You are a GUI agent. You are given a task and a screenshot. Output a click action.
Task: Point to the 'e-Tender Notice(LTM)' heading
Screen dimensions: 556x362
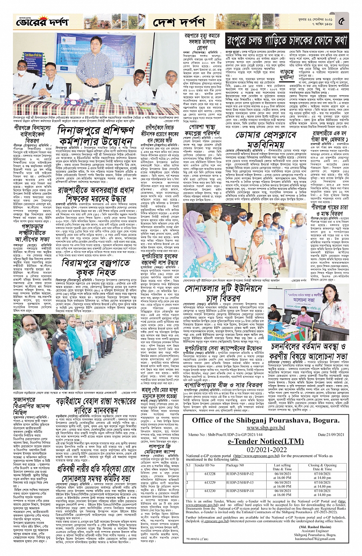(255, 441)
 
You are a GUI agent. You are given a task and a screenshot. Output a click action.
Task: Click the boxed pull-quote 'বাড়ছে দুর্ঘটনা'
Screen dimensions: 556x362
(287, 74)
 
